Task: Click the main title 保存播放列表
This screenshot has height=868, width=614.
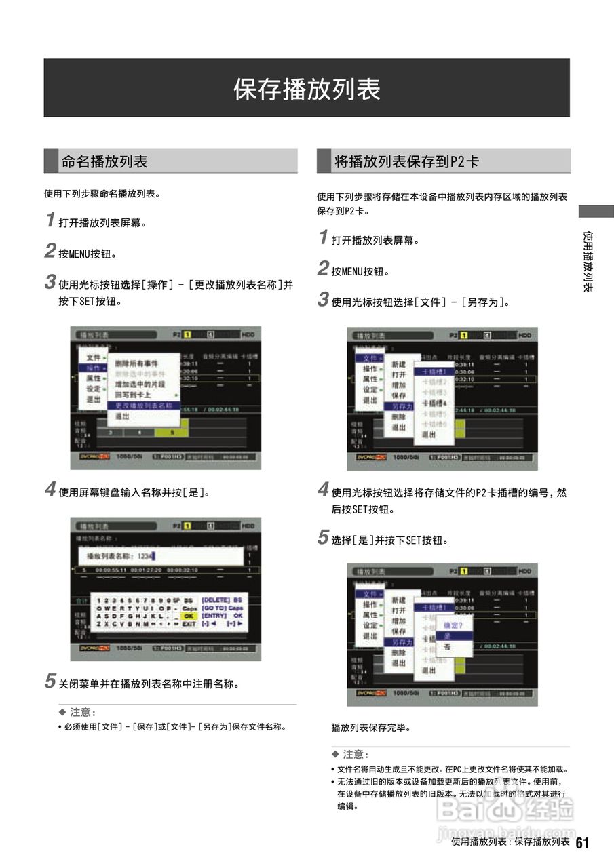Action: click(307, 89)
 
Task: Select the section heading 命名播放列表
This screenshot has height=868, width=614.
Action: click(104, 161)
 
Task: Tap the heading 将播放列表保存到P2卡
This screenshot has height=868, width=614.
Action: click(406, 161)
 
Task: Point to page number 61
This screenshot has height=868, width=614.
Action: click(582, 843)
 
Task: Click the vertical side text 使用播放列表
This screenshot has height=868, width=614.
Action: click(588, 261)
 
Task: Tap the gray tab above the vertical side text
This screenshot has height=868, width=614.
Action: click(596, 212)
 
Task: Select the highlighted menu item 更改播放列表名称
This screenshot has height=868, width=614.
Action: click(143, 406)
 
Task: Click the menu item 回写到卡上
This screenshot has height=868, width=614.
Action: click(133, 395)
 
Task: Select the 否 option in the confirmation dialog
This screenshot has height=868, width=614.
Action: click(448, 647)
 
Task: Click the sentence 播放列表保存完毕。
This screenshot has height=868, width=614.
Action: click(371, 728)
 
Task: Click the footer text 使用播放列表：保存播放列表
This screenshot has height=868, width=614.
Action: click(510, 842)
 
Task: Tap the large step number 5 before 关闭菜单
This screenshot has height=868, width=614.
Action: click(50, 682)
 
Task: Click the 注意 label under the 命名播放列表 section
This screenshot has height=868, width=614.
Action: click(83, 713)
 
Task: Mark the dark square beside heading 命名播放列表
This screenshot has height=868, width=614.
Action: click(51, 161)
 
